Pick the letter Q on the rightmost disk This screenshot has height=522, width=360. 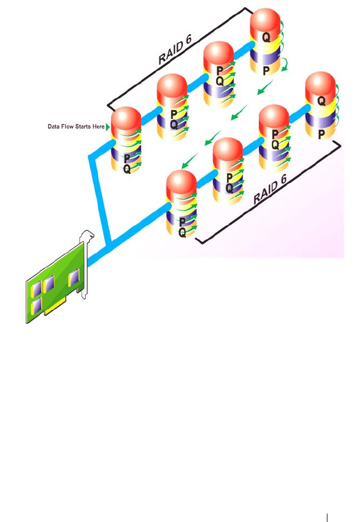click(x=322, y=101)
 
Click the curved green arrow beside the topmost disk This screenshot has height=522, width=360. click(x=286, y=64)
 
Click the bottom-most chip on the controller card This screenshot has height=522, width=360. click(x=38, y=306)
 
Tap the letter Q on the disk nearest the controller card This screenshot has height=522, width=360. click(x=182, y=233)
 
